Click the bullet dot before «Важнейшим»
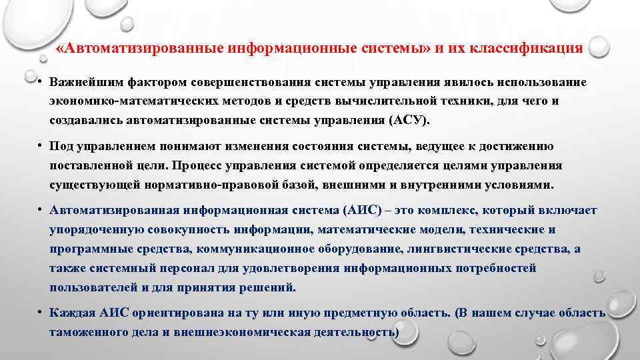(x=41, y=83)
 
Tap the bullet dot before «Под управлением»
(x=41, y=147)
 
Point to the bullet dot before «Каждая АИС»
(x=41, y=313)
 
